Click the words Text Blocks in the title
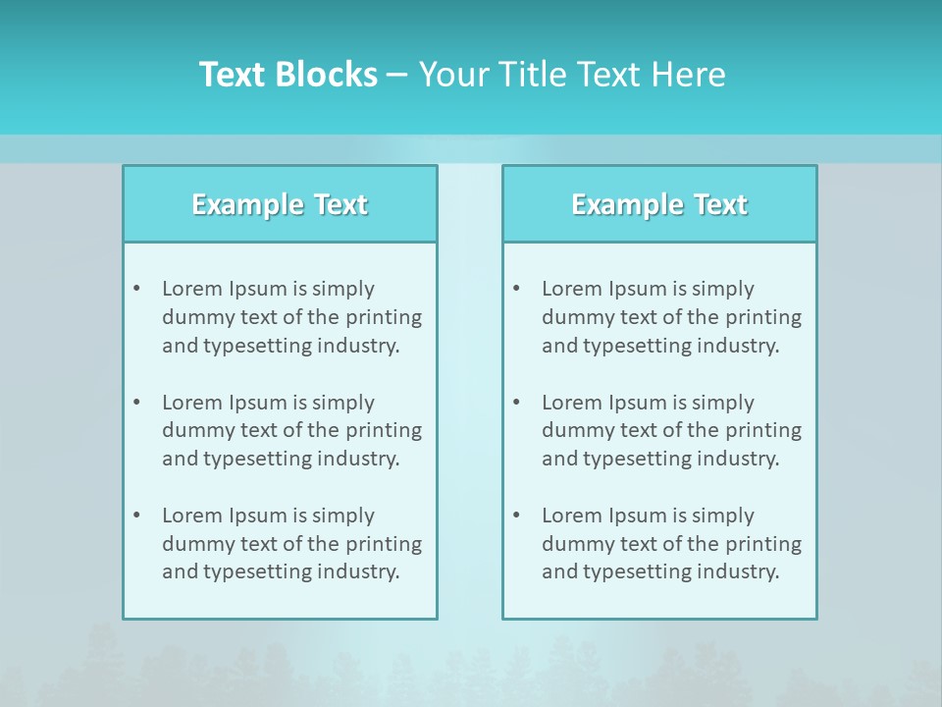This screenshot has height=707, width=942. coord(288,75)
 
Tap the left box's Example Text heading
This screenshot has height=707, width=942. coord(280,204)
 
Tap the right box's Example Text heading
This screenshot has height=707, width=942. coord(659,204)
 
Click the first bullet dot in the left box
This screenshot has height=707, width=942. coord(137,289)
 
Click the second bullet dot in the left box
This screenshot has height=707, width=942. coord(137,403)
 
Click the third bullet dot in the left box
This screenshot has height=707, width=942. coord(137,516)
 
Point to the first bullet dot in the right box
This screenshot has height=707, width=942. coord(517,289)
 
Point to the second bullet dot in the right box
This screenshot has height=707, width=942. coord(517,403)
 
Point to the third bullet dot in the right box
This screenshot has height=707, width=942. coord(517,516)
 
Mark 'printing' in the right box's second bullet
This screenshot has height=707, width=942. coord(765,430)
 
